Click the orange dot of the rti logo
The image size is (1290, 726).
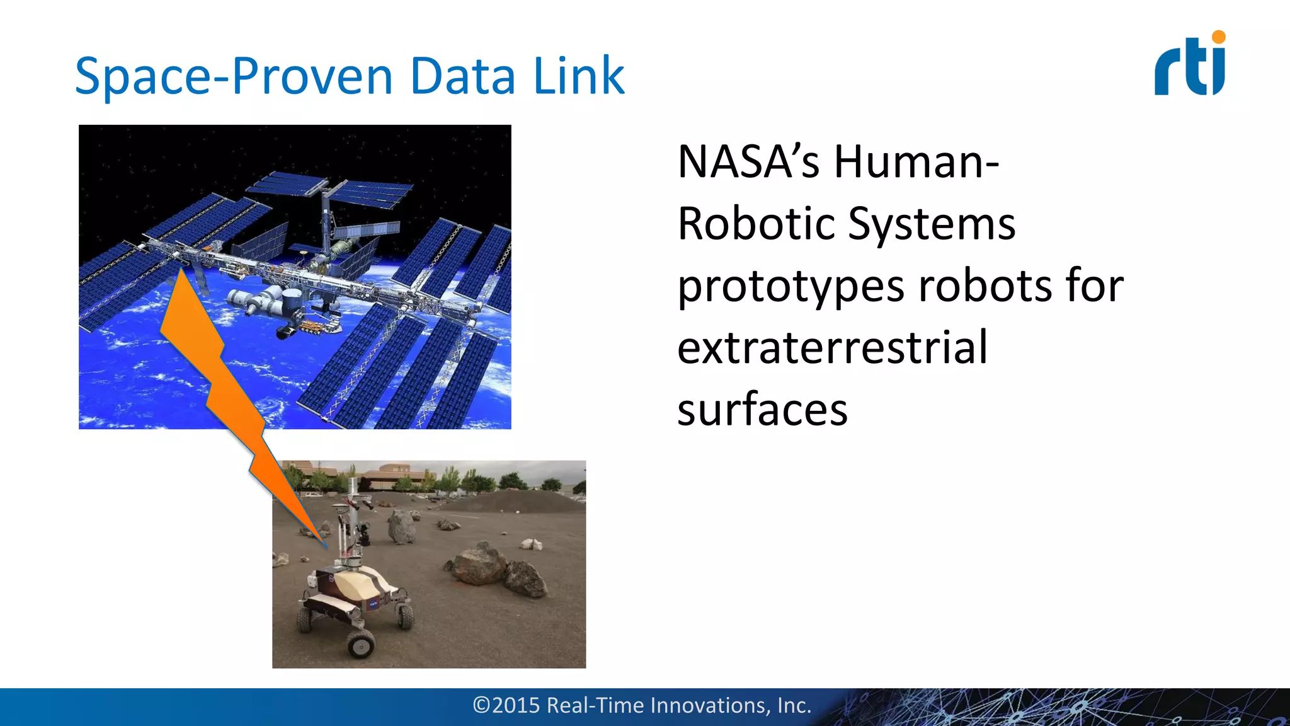pos(1219,37)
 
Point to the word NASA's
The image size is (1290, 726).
pos(748,162)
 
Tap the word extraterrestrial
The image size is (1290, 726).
pos(831,348)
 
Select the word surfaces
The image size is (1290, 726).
pos(762,410)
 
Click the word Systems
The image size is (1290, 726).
pos(932,224)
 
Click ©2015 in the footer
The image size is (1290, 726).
pos(506,705)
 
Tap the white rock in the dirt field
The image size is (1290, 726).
pos(531,543)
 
